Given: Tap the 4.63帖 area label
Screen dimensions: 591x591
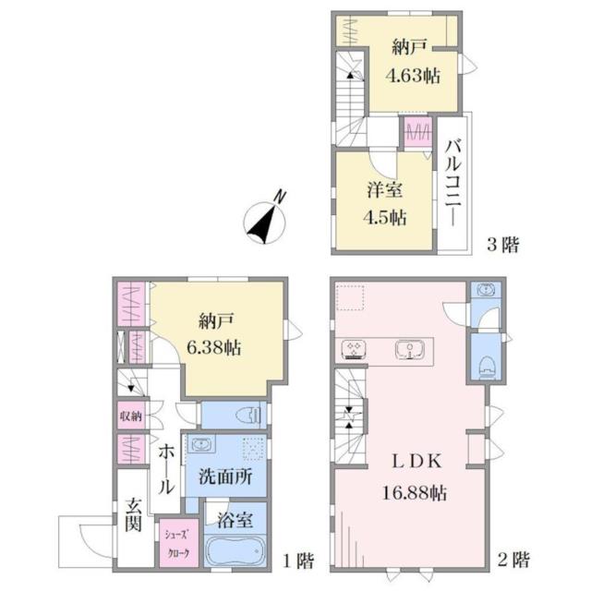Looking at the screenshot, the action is coord(413,76).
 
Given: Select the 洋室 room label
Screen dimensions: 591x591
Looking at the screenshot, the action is coord(385,189).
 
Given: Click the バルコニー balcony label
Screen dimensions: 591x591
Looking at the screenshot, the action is coord(453,183).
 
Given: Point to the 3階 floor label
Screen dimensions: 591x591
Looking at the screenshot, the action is coord(503,245).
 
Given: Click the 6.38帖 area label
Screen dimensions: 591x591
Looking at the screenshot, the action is coord(214,347).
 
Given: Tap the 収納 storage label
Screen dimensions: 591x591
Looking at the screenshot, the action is coord(131,416).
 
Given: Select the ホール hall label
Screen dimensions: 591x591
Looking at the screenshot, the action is coord(166,469).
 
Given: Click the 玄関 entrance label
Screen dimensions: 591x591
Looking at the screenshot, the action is coord(133,514).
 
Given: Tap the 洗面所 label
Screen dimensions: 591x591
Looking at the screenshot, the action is coord(225,477).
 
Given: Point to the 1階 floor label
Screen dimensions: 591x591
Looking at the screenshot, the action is coord(298,561).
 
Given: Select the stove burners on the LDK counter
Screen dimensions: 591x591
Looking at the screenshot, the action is coord(354,349).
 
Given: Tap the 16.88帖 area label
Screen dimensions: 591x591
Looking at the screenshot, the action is coord(415,492).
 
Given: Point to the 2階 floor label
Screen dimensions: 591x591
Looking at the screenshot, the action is coord(513,560).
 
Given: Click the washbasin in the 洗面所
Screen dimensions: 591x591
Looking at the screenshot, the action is coord(203,445).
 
